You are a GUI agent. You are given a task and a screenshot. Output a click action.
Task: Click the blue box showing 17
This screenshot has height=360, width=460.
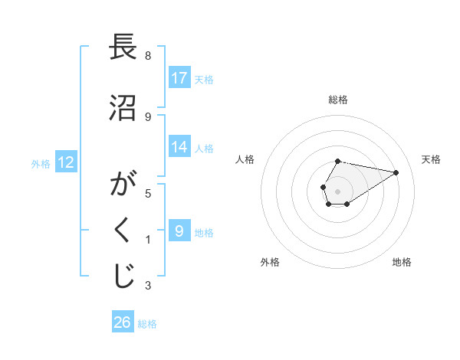tap(179, 78)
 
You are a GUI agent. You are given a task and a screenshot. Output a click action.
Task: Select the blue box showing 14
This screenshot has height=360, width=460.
tap(179, 148)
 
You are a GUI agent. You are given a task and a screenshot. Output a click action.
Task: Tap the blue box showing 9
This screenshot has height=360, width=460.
tap(179, 231)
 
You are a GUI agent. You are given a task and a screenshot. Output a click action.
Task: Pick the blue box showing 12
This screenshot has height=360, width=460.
tap(65, 162)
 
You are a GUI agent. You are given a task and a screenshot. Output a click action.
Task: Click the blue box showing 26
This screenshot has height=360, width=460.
tap(123, 322)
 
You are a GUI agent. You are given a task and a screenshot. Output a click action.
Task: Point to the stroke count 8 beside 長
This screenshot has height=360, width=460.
tap(148, 56)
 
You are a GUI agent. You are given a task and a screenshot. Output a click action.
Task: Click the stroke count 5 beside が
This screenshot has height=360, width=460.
tap(148, 193)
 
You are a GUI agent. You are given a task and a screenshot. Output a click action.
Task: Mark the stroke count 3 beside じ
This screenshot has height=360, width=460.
tap(148, 286)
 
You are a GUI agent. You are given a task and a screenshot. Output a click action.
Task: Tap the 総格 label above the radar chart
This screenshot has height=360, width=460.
tap(338, 100)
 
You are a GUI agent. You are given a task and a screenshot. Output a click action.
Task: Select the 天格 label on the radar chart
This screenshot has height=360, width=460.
tap(432, 159)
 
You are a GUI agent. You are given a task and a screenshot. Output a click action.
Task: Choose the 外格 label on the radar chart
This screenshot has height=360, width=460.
tap(269, 262)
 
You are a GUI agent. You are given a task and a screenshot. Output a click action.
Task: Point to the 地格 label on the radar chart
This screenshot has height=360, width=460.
tap(402, 262)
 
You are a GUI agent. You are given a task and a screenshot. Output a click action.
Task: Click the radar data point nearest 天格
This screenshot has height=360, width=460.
tap(396, 172)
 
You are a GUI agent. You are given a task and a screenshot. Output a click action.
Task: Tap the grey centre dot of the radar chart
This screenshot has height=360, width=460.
tap(338, 190)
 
